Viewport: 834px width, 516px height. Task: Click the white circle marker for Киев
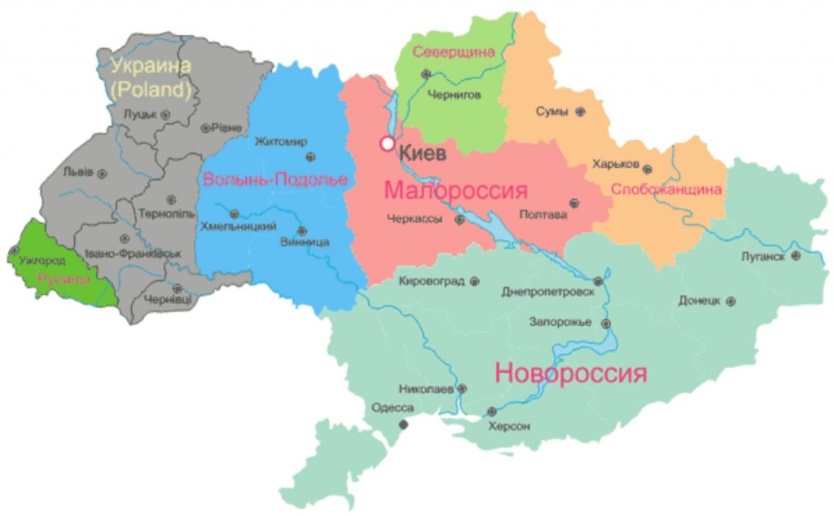click(388, 144)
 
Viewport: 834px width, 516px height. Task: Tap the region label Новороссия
click(571, 374)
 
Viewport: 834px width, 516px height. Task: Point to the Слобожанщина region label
click(666, 190)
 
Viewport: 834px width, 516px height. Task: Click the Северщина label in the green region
click(454, 52)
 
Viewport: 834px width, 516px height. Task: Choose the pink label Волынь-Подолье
click(274, 179)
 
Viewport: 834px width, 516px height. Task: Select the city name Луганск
click(763, 256)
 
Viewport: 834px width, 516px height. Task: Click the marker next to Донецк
click(731, 301)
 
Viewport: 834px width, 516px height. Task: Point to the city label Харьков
click(616, 164)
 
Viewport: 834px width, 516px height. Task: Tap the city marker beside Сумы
click(580, 112)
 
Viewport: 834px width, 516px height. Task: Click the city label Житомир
click(281, 141)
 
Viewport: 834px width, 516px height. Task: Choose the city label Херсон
click(509, 426)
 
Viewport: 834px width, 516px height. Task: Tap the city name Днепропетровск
click(547, 291)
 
